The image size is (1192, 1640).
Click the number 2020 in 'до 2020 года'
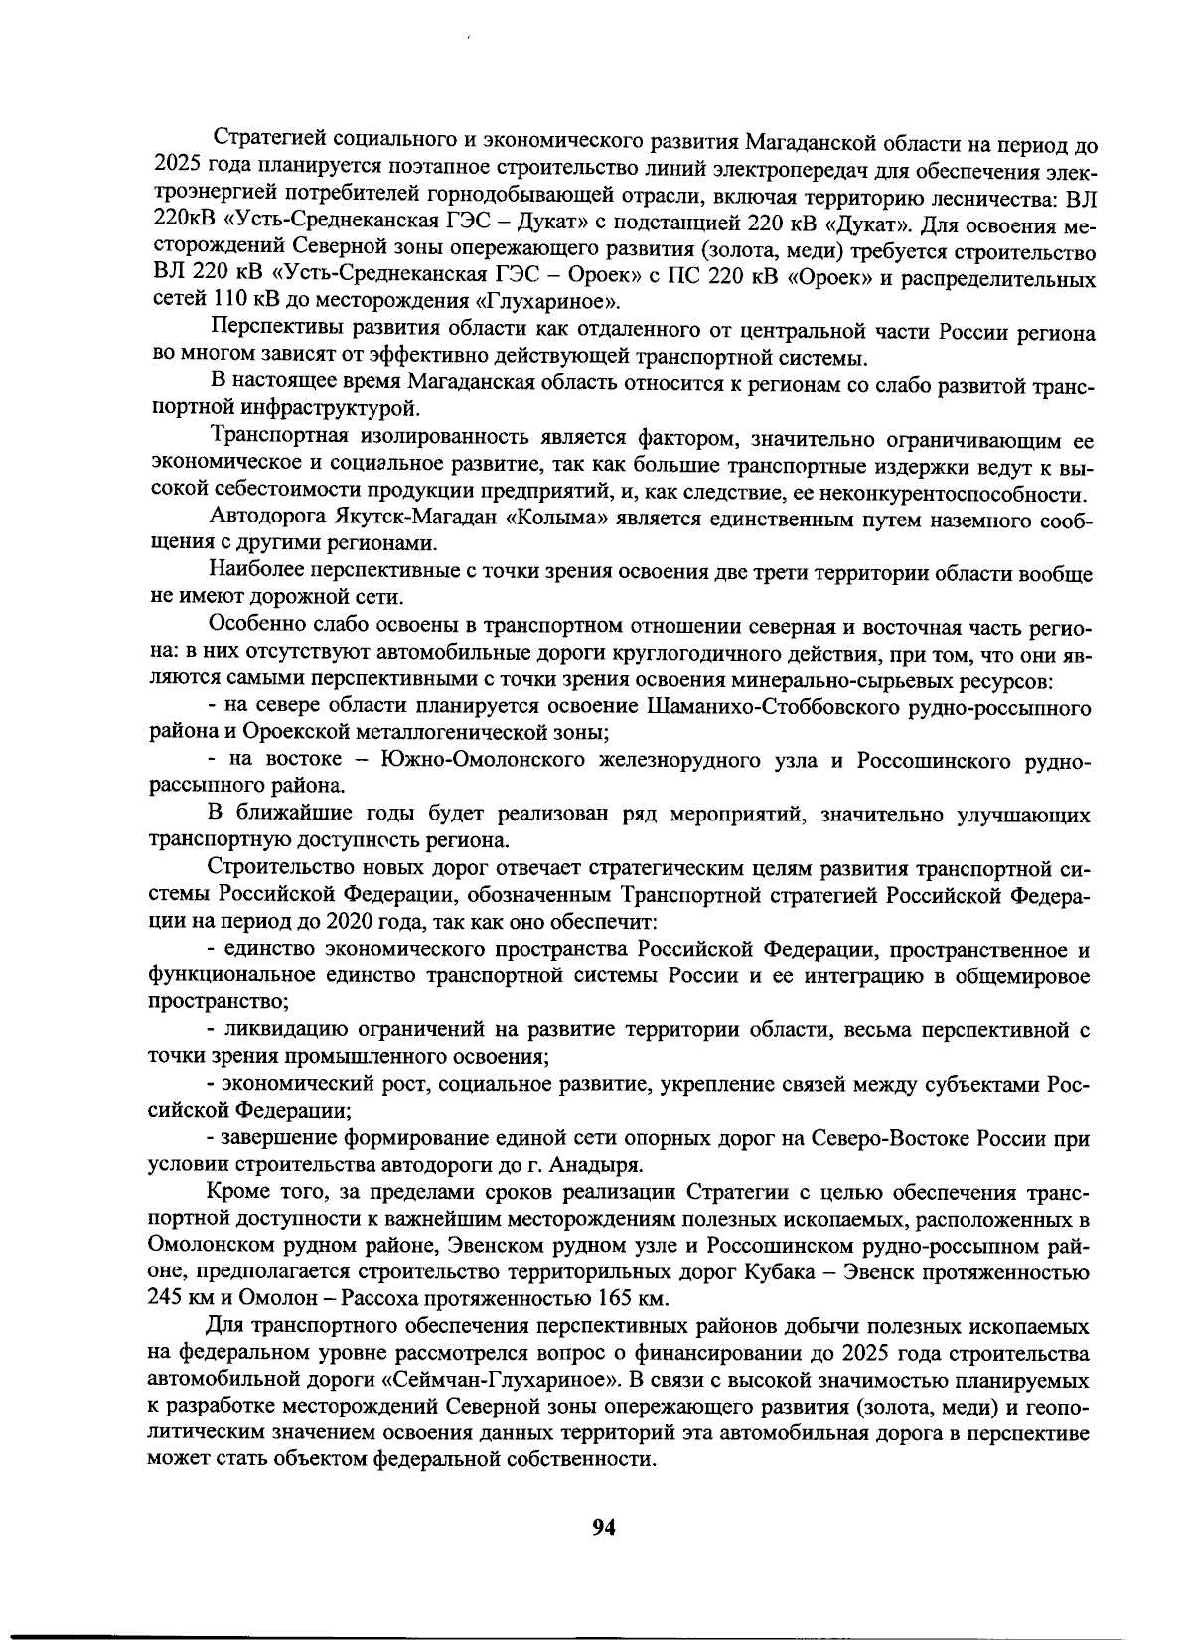[x=344, y=922]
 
